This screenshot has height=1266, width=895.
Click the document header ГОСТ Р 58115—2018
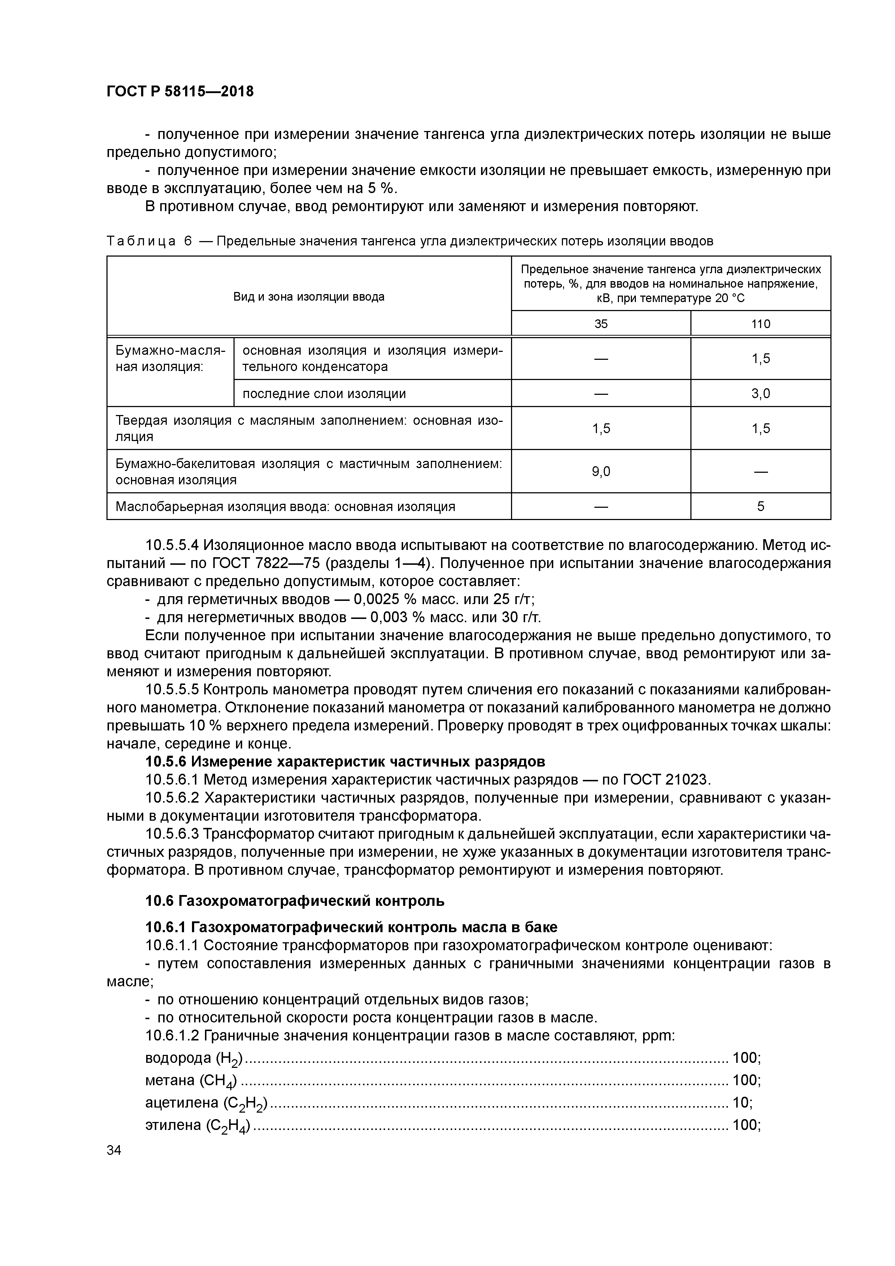(x=180, y=91)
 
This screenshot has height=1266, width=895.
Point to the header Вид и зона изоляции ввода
(x=309, y=297)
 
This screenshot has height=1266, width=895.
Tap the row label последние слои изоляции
(x=324, y=393)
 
